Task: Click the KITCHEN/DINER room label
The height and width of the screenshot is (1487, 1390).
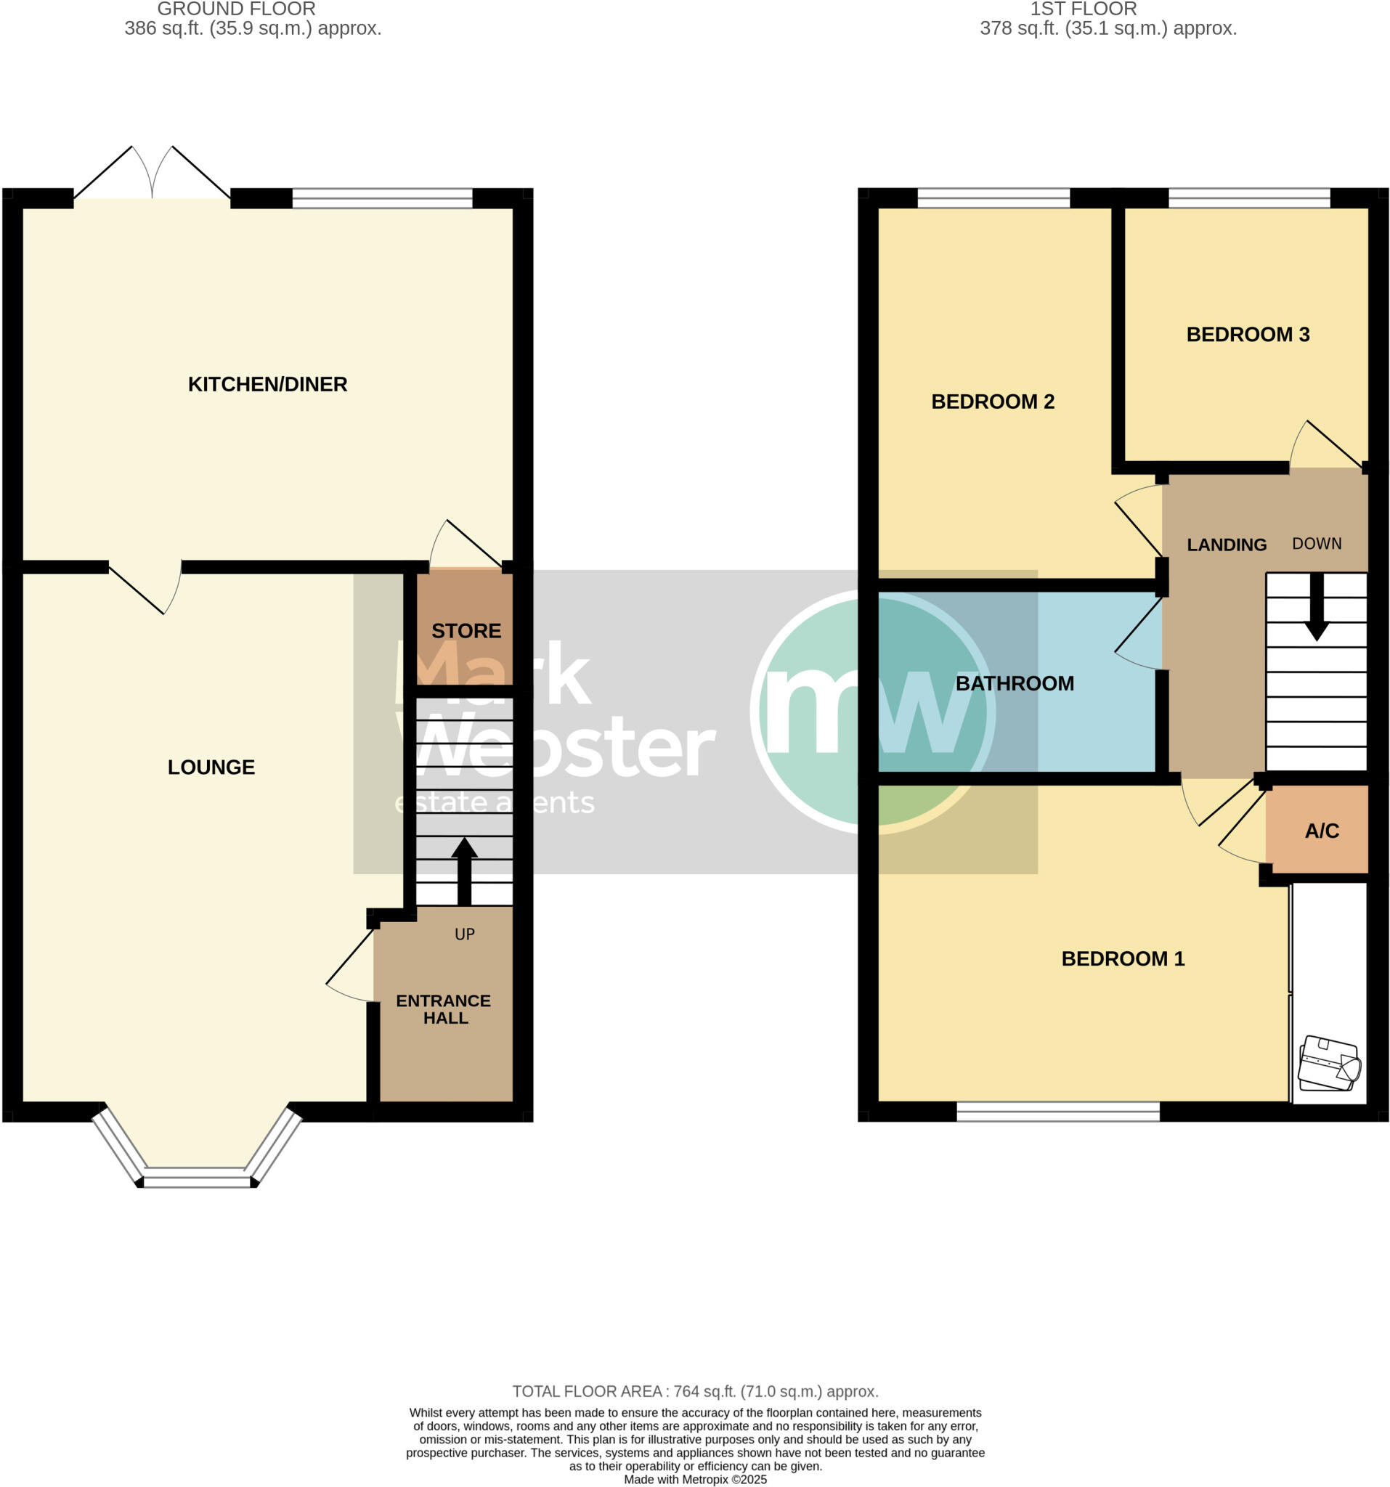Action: click(x=267, y=385)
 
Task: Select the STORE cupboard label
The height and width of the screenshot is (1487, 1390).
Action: click(x=466, y=630)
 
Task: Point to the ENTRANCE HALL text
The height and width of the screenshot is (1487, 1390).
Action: click(x=444, y=1010)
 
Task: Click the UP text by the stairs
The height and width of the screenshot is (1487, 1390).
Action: click(x=465, y=934)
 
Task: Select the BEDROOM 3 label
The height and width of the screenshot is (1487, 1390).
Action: click(x=1248, y=334)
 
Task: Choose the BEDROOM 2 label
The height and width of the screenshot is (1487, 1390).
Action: click(x=993, y=402)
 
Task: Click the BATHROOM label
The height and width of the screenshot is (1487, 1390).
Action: click(x=1015, y=684)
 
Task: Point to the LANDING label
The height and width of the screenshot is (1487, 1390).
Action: click(x=1227, y=545)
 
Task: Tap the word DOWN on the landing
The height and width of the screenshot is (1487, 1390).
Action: click(x=1317, y=544)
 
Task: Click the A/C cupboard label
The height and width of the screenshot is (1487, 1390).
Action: click(x=1322, y=831)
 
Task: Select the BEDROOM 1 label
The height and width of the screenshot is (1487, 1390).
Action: click(x=1123, y=959)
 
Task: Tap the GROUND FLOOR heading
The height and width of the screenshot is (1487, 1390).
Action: click(x=237, y=9)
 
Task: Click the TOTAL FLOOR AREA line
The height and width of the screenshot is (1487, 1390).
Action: click(x=695, y=1391)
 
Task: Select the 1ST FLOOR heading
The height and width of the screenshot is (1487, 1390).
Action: click(x=1084, y=9)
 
